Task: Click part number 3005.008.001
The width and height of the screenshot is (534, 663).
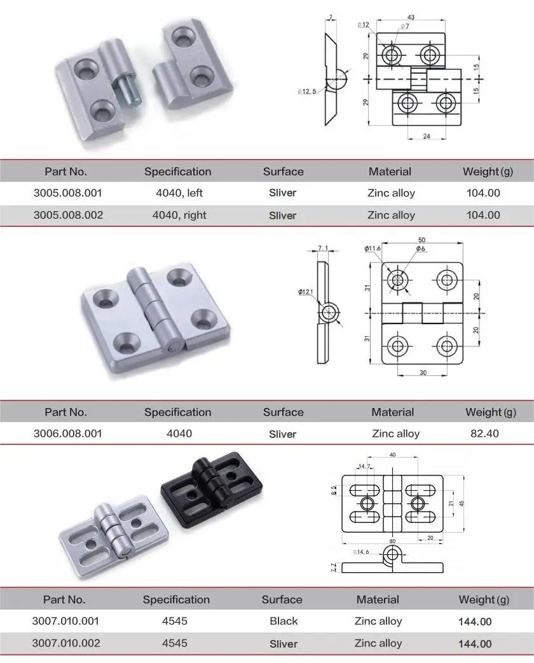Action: tap(66, 193)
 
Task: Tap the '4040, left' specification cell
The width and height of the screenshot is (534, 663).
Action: tap(179, 193)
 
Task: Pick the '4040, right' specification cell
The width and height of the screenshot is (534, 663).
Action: tap(179, 215)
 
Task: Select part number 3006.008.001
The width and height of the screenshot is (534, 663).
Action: tap(66, 434)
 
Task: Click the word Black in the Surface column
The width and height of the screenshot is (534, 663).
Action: tap(283, 621)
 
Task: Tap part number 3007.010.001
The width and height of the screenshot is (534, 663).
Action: tap(66, 621)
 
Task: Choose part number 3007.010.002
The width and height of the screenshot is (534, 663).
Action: tap(66, 643)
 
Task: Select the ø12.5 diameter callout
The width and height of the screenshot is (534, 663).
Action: tap(306, 92)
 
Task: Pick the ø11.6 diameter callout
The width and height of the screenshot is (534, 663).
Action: tap(372, 249)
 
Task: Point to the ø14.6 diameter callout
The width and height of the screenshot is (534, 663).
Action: tap(358, 551)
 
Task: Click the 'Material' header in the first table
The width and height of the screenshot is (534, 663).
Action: tap(390, 171)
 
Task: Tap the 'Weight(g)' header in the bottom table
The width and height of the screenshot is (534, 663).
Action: tap(484, 599)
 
